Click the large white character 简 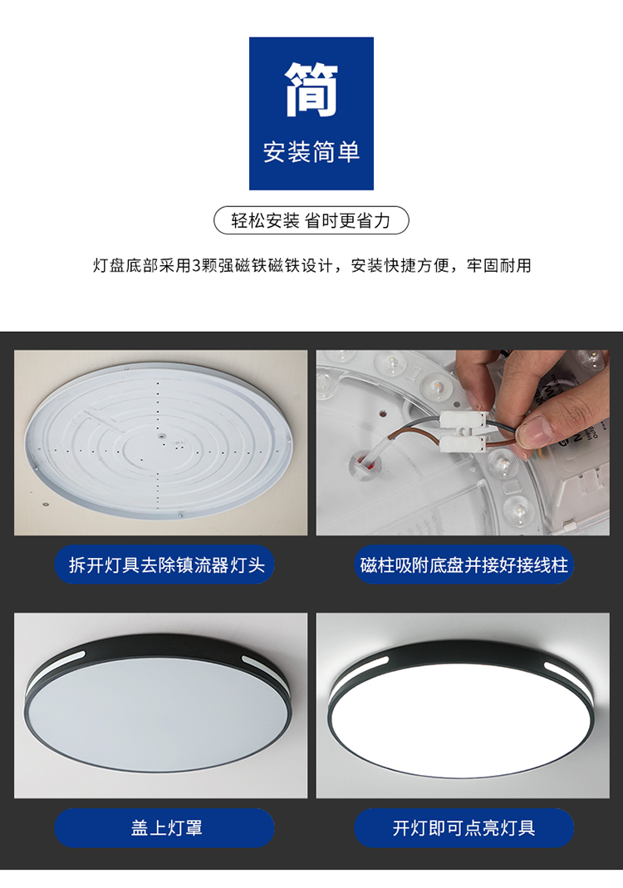(x=311, y=89)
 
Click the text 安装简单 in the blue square (x=311, y=152)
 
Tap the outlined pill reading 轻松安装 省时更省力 (x=311, y=220)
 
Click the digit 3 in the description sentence (x=196, y=265)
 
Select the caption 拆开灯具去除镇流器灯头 (x=166, y=565)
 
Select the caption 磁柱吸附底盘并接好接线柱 (x=464, y=565)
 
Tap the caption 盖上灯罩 (x=166, y=828)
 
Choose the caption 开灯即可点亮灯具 (x=464, y=828)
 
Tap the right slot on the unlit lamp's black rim (x=258, y=663)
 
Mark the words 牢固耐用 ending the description (x=499, y=265)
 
